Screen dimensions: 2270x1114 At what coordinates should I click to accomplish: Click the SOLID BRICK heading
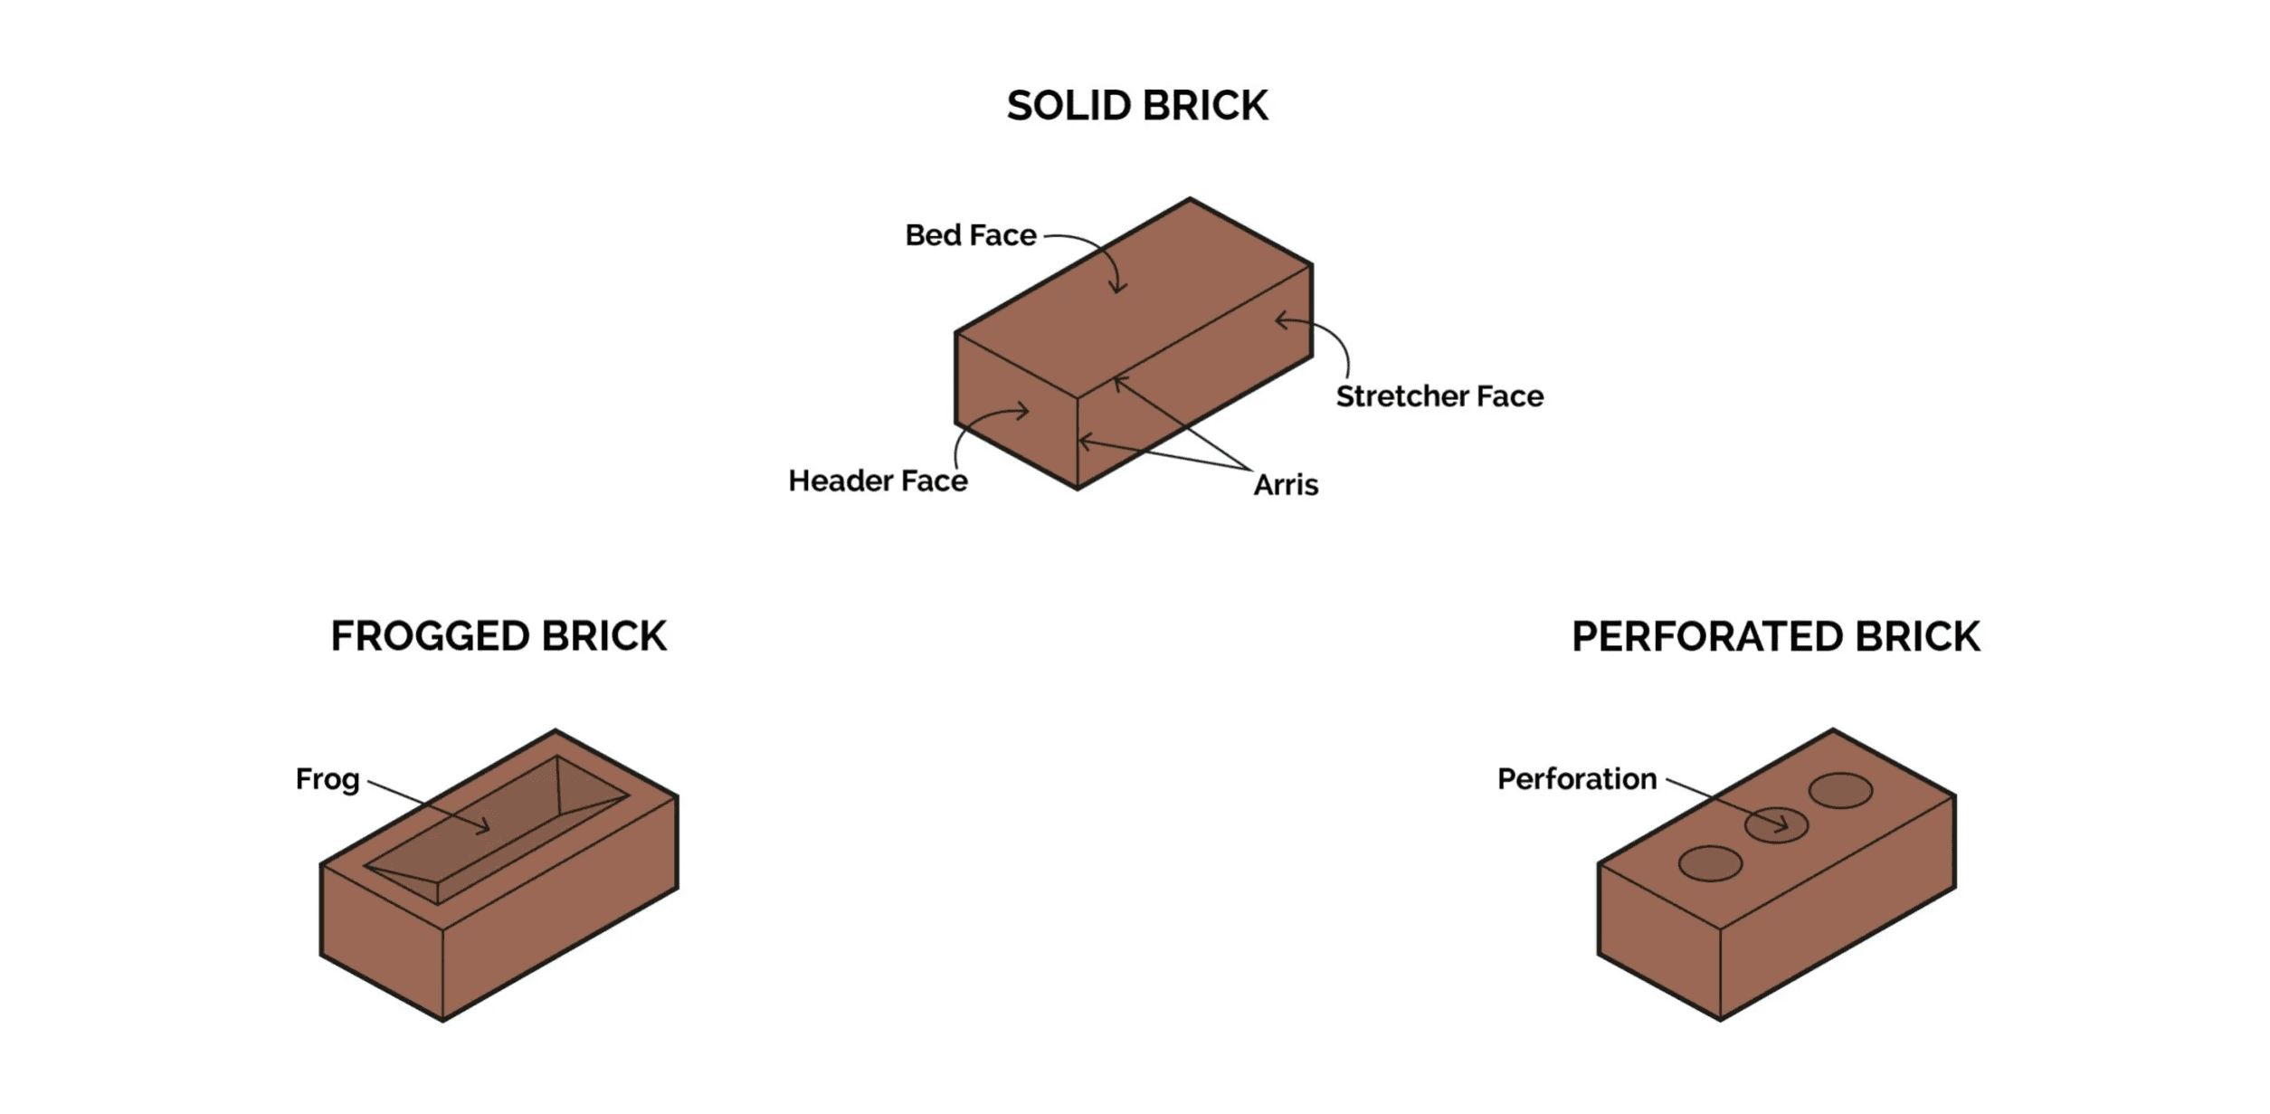click(x=1137, y=106)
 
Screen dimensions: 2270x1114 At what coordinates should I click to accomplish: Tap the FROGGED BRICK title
click(x=499, y=636)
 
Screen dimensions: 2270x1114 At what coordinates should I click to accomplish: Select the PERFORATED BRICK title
click(x=1775, y=636)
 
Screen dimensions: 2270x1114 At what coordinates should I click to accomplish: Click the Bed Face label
click(x=970, y=235)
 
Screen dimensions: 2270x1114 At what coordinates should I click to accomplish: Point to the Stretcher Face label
click(x=1439, y=396)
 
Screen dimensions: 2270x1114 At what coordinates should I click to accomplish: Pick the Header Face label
click(x=878, y=481)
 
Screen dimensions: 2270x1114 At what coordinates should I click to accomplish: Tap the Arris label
click(x=1286, y=485)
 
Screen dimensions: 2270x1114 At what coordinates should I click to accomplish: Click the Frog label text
click(x=328, y=779)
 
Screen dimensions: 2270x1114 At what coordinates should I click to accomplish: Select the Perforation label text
click(x=1576, y=779)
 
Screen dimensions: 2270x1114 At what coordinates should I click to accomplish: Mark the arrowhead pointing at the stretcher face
click(x=1278, y=320)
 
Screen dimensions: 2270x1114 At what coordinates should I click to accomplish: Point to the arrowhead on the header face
click(x=1026, y=412)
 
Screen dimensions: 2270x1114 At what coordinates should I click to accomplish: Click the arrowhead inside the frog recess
click(x=486, y=826)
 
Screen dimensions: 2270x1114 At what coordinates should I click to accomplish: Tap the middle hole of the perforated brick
click(x=1775, y=824)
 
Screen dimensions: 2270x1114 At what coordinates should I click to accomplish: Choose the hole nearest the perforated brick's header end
click(x=1709, y=863)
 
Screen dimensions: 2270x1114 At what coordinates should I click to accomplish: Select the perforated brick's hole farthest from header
click(x=1840, y=790)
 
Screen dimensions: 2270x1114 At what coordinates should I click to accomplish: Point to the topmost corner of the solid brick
click(x=1190, y=198)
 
